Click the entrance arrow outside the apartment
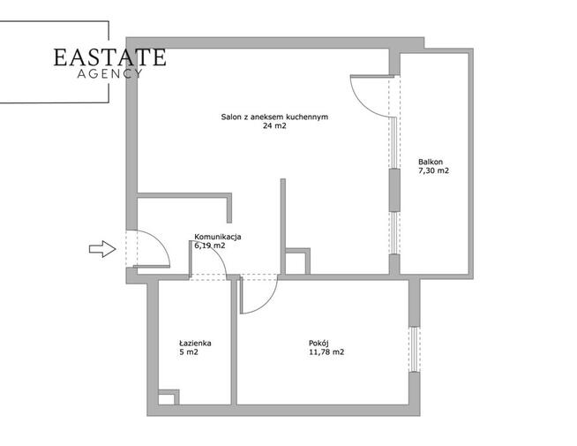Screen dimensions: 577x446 [x=102, y=249]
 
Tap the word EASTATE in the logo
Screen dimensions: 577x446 [x=109, y=57]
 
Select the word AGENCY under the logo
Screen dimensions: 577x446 [x=109, y=73]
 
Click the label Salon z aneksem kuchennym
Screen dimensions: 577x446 [x=274, y=117]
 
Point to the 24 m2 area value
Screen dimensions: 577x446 [x=274, y=126]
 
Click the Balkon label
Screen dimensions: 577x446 [x=431, y=162]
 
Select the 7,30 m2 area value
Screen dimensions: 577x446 [x=433, y=170]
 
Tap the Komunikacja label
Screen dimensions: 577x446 [x=218, y=237]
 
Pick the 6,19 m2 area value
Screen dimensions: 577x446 [x=210, y=246]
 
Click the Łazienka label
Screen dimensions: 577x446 [x=195, y=344]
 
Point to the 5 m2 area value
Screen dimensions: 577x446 [x=189, y=352]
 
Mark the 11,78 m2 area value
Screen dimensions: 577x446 [x=326, y=352]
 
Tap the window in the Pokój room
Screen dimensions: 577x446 [x=415, y=349]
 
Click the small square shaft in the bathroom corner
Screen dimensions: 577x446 [x=169, y=397]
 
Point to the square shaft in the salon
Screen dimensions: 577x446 [x=297, y=261]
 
